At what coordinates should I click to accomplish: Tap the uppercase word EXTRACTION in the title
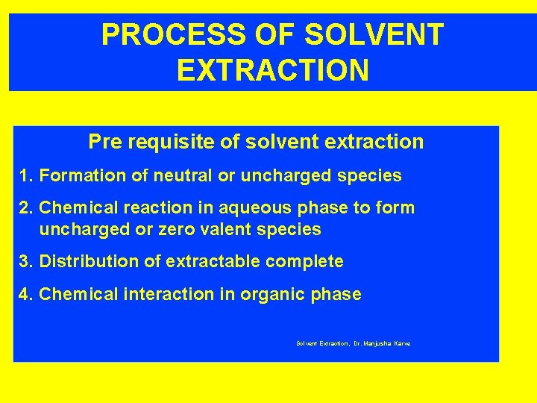click(272, 71)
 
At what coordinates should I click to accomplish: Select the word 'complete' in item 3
click(308, 262)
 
